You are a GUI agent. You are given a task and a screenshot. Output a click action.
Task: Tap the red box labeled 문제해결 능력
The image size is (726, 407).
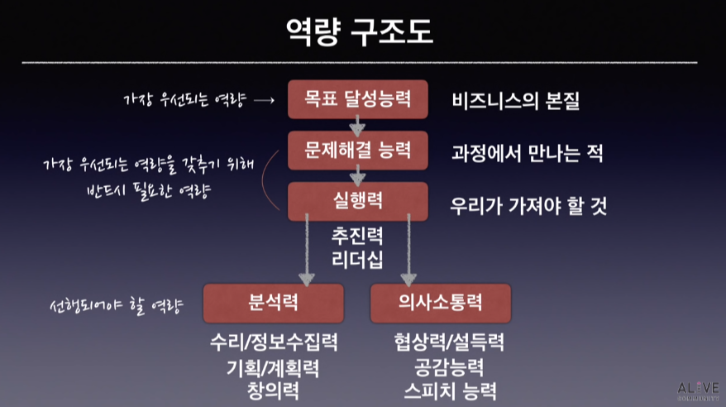[x=357, y=151]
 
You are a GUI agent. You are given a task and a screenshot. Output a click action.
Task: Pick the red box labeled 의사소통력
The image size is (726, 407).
[x=440, y=303]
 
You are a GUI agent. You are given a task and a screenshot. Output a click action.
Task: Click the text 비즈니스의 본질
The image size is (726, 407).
[x=515, y=102]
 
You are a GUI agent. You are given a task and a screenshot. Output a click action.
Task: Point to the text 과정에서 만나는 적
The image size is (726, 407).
[x=527, y=153]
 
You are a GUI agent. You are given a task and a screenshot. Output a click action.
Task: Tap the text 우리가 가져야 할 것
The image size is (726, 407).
[x=528, y=205]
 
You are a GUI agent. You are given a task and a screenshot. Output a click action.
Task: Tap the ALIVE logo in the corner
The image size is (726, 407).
[x=698, y=390]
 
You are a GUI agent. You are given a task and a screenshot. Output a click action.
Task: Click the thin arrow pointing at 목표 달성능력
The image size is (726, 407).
[x=263, y=101]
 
